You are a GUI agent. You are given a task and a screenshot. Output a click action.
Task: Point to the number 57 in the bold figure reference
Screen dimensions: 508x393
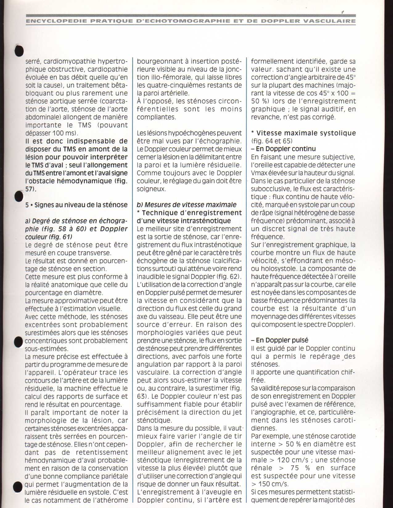(29, 189)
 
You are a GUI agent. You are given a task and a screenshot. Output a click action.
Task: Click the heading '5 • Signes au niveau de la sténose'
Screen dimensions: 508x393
(76, 205)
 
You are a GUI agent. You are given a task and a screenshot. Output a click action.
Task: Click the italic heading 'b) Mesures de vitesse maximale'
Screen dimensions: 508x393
(186, 205)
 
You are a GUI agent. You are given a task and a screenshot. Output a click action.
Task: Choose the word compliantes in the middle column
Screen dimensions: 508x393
(156, 117)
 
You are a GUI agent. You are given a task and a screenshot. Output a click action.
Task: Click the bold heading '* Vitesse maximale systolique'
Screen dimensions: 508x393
(303, 133)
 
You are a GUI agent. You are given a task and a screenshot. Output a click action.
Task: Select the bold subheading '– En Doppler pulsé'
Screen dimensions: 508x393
(280, 340)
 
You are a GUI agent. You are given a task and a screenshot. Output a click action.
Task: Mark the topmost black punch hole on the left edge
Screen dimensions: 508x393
(19, 50)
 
